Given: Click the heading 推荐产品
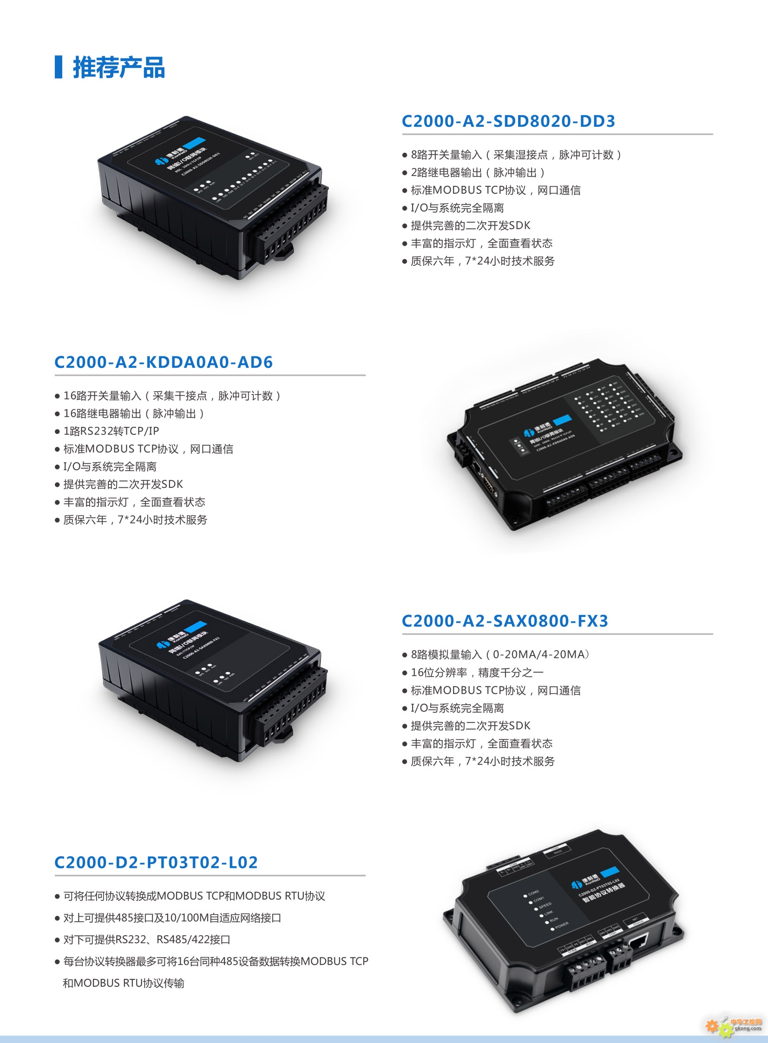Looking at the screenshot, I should click(118, 67).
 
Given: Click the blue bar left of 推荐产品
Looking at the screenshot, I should click(59, 67).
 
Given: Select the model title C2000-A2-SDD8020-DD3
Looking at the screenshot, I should click(508, 121).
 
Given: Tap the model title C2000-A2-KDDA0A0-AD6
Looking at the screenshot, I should click(164, 362).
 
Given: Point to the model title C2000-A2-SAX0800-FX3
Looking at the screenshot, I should click(505, 621).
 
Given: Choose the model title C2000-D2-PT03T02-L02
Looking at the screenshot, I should click(156, 862).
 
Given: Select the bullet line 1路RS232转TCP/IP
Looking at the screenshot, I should click(111, 431).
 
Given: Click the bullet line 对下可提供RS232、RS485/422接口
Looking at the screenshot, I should click(146, 939).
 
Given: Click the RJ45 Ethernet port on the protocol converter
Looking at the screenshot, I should click(636, 940).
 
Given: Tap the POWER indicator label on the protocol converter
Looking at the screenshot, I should click(562, 925).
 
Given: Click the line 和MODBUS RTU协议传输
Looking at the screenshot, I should click(124, 983).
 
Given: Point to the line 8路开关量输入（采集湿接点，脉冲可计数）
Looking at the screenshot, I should click(516, 155).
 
